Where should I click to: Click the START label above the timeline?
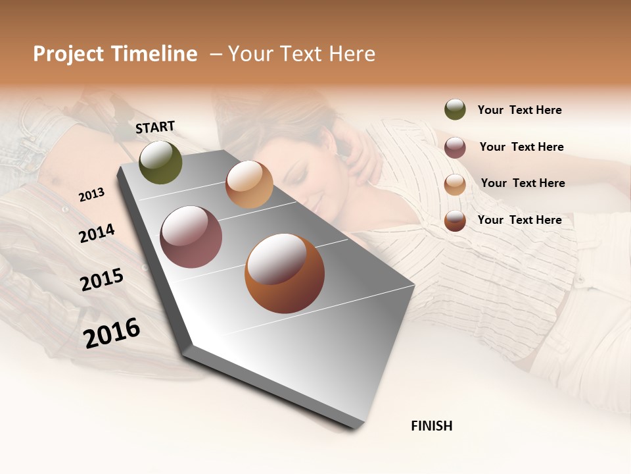[x=155, y=127]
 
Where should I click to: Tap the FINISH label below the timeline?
[x=431, y=426]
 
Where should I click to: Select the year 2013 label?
[x=91, y=195]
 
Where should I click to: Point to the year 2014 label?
[x=97, y=233]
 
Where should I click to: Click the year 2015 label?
[x=102, y=279]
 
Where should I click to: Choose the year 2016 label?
[x=112, y=332]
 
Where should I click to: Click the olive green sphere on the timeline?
[x=160, y=162]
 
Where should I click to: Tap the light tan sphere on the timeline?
[x=249, y=184]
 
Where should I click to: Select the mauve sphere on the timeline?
[x=191, y=237]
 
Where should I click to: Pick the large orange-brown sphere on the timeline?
[x=285, y=274]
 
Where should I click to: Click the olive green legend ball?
[x=455, y=110]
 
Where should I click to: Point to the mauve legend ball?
[x=455, y=147]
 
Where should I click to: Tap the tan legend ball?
[x=455, y=184]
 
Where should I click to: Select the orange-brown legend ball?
[x=455, y=221]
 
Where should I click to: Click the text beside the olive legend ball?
[x=519, y=110]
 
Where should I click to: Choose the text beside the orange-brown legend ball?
[x=519, y=220]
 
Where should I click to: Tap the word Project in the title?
[x=68, y=54]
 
